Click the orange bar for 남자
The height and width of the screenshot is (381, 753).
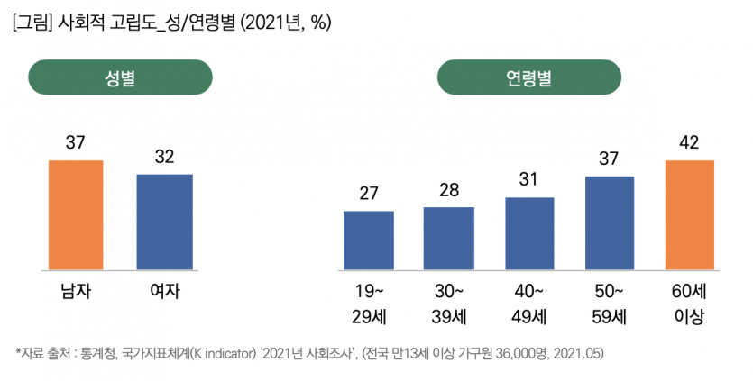coord(76,214)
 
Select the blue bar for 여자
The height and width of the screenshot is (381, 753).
coord(164,222)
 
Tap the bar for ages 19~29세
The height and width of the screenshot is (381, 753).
coord(368,240)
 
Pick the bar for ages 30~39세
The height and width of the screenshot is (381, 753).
coord(448,238)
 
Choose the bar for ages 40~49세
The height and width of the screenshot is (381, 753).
coord(529,233)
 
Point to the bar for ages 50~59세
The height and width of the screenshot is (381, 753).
coord(610,222)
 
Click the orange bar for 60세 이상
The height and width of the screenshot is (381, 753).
coord(689,214)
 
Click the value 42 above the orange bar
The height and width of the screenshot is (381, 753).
coord(689,143)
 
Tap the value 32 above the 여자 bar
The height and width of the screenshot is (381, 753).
coord(164,157)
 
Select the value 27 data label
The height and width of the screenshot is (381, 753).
coord(368,194)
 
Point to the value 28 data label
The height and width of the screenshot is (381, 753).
coord(448,190)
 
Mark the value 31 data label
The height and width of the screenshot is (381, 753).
coord(529,180)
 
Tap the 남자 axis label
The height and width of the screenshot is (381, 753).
coord(76,291)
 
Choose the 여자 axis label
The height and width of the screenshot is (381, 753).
coord(164,291)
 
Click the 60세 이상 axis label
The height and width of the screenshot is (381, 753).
coord(689,304)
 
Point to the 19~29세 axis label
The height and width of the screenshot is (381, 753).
coord(368,304)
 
